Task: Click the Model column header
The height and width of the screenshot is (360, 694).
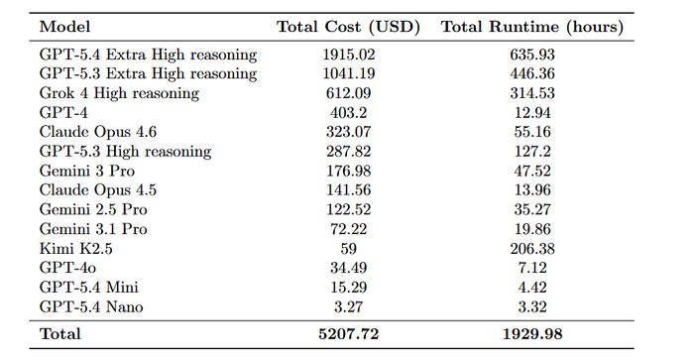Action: tap(64, 27)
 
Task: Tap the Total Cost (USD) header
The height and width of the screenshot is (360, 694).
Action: tap(348, 27)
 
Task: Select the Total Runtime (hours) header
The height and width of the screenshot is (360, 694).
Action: tap(532, 27)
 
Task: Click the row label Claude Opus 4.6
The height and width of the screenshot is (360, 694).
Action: tap(98, 132)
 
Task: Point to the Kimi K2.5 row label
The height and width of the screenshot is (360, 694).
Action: tap(75, 248)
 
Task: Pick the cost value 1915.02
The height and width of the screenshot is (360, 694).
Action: tap(349, 55)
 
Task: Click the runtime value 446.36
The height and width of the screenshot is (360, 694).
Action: tap(532, 73)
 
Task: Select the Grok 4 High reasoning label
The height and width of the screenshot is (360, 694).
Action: tap(119, 93)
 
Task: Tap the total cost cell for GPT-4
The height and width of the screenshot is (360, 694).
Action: tap(348, 112)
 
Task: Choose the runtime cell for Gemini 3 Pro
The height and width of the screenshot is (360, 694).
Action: tap(532, 171)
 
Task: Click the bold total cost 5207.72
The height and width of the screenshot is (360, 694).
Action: tap(348, 334)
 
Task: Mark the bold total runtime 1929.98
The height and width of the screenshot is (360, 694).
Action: tap(532, 334)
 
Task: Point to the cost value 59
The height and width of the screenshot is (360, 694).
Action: tap(348, 248)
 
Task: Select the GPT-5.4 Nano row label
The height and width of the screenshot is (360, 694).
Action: tap(91, 306)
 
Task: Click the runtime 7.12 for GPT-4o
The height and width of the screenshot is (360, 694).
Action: tap(532, 268)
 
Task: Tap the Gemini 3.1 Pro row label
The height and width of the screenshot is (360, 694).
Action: tap(93, 229)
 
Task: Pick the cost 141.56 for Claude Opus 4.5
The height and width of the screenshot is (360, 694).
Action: tap(348, 190)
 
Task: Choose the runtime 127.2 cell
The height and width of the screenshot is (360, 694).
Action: tap(532, 152)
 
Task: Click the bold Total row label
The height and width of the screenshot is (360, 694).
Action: tap(59, 334)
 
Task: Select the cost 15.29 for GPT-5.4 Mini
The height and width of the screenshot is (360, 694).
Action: tap(348, 288)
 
